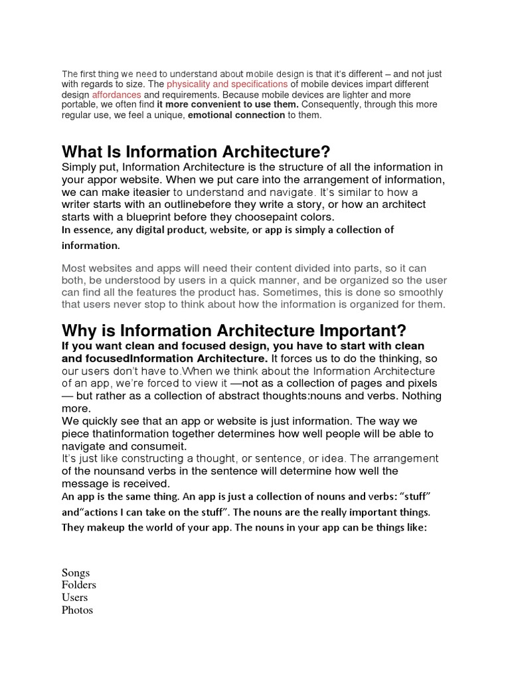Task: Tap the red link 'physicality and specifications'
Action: coord(227,85)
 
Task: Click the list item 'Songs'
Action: coord(75,572)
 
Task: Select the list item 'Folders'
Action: coord(79,585)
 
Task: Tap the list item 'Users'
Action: coord(74,598)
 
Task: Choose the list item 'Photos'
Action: coord(77,610)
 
